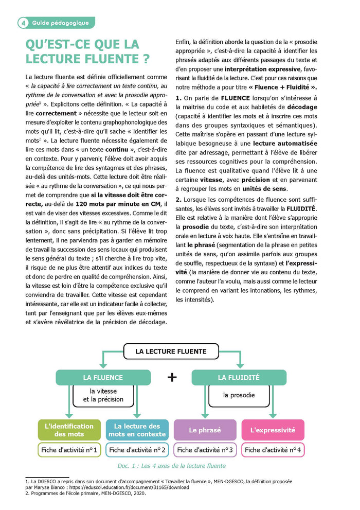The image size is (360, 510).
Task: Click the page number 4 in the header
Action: click(23, 23)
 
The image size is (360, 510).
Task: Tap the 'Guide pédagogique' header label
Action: click(60, 23)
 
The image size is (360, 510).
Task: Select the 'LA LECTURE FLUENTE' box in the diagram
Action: click(171, 351)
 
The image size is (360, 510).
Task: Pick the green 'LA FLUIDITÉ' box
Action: click(239, 377)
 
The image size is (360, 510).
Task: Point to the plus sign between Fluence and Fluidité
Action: click(172, 377)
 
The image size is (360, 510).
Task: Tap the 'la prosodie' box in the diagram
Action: click(239, 395)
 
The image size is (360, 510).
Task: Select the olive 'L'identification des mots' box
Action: click(69, 430)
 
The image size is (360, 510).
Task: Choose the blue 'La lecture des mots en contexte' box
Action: click(137, 430)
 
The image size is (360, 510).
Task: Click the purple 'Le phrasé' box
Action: click(205, 430)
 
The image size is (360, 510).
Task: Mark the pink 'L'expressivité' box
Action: click(273, 430)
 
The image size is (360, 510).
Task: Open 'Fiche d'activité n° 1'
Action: click(69, 450)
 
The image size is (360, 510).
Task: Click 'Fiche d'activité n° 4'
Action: click(273, 450)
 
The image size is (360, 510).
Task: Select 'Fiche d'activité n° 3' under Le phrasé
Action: click(205, 450)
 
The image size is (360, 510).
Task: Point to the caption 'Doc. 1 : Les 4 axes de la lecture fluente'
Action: click(171, 466)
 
